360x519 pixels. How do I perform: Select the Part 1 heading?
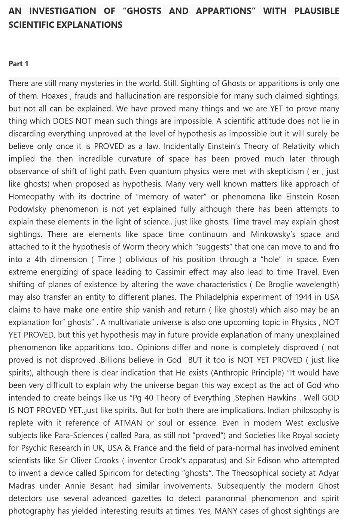(18, 64)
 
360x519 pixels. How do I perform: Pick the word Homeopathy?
(31, 197)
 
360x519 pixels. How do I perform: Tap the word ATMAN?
(128, 423)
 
